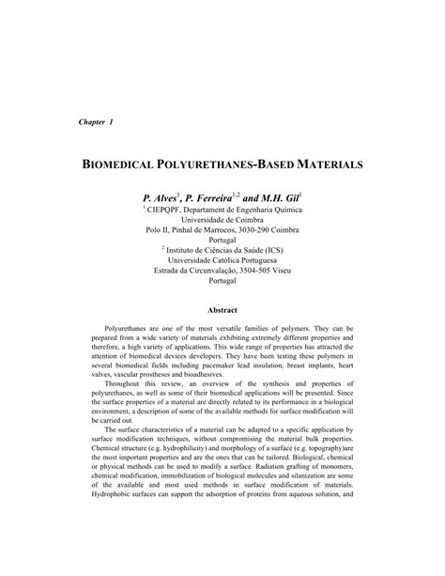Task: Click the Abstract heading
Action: coord(222,310)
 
